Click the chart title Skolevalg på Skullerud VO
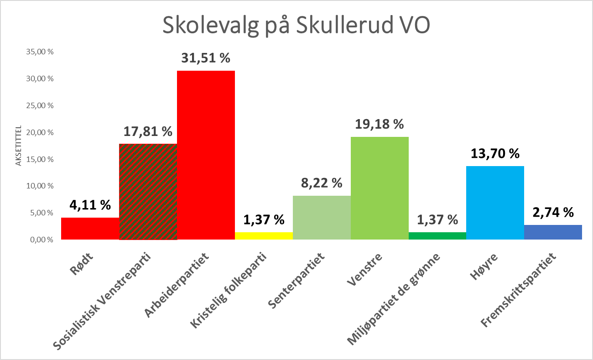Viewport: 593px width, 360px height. click(x=296, y=26)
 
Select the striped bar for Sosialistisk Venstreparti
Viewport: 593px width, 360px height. click(x=148, y=192)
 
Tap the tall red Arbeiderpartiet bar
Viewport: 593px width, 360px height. click(x=206, y=155)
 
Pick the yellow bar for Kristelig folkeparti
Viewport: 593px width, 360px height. click(x=264, y=236)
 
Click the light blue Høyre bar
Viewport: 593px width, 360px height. click(x=495, y=203)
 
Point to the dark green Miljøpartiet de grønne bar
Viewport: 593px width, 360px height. click(x=437, y=236)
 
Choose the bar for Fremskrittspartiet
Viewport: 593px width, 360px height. click(x=553, y=232)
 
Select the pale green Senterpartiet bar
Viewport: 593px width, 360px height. click(x=322, y=218)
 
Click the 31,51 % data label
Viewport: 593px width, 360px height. click(x=206, y=58)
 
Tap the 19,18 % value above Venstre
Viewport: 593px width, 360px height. click(x=380, y=124)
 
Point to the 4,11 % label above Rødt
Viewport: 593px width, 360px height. click(x=90, y=205)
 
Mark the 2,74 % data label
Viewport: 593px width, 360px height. click(x=553, y=212)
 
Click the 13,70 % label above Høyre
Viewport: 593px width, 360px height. click(x=495, y=154)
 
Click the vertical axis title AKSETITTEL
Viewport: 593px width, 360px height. click(x=19, y=146)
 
